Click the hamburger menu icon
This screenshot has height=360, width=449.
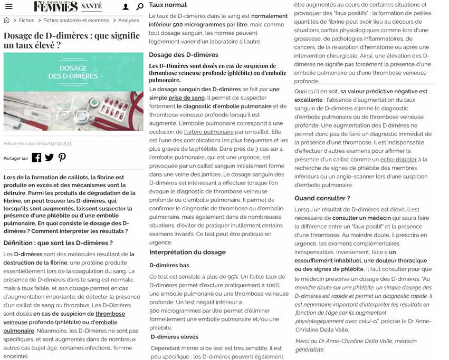pos(8,7)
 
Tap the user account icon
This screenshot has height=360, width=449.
pos(126,7)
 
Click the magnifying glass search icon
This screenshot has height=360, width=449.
pos(139,7)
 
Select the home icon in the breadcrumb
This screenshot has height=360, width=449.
pos(7,21)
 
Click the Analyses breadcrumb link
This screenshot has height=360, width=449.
pos(129,21)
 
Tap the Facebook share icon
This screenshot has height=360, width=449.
pos(36,158)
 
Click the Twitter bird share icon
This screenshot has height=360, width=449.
pos(49,158)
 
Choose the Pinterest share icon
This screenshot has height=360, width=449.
pos(62,158)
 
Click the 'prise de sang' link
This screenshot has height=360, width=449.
pos(186,98)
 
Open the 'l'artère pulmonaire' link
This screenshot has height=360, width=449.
pos(209,132)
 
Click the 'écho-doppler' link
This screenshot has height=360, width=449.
pos(398,159)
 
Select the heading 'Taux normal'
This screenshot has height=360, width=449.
pos(167,5)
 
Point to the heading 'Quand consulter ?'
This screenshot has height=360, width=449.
pos(322,198)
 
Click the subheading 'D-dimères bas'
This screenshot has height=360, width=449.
pos(169,265)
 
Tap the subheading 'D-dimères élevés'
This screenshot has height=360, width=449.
pos(175,337)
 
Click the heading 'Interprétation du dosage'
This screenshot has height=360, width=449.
pos(187,252)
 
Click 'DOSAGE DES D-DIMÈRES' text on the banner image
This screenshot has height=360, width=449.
pos(73,72)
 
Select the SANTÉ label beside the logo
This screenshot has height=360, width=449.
pos(92,7)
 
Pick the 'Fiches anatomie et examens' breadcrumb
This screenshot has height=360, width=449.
pos(76,21)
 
